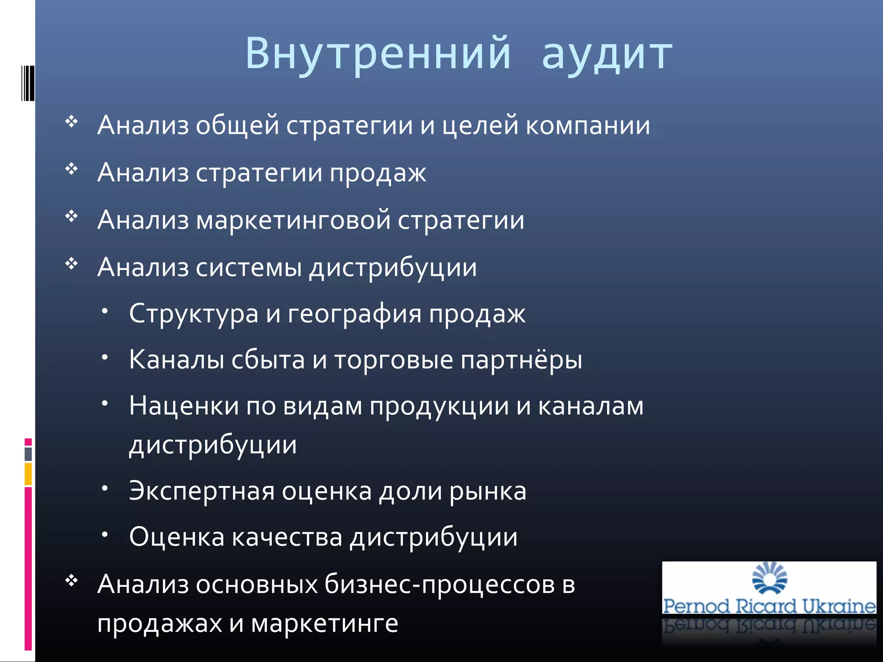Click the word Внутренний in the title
(378, 53)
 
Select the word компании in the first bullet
(588, 125)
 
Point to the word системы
(249, 267)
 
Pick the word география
(354, 314)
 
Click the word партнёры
(521, 360)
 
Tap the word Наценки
(184, 406)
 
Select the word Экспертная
(202, 491)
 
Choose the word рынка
(488, 491)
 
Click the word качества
(287, 537)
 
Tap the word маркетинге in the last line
(325, 624)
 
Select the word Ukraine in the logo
(839, 606)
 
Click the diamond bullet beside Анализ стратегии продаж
(72, 169)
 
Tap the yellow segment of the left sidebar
(28, 474)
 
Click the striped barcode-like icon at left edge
(28, 83)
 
